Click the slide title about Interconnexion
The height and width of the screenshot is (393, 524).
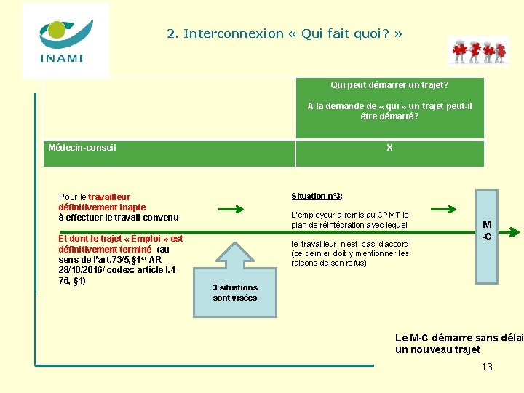(x=284, y=33)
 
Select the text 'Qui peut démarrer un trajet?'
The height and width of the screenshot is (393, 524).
(x=389, y=85)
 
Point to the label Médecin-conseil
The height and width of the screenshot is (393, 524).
(x=82, y=148)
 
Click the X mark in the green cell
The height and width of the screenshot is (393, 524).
(x=389, y=148)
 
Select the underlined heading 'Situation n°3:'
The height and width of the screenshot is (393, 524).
(x=317, y=196)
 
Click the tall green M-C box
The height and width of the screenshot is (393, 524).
(x=487, y=236)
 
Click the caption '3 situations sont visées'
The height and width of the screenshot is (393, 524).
(x=235, y=293)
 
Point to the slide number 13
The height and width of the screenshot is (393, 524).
(x=487, y=367)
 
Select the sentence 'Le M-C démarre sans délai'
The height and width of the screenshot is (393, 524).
(x=458, y=338)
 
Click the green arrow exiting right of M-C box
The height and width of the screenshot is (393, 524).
(x=512, y=233)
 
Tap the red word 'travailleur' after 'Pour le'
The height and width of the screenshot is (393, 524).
(x=109, y=197)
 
